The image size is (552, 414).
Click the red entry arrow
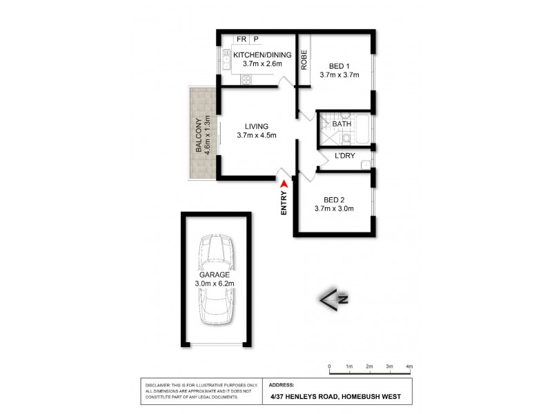coord(283,183)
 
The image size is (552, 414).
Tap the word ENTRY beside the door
coord(284,204)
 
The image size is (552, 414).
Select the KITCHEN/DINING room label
coord(262,55)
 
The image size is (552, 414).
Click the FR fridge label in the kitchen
coord(241,40)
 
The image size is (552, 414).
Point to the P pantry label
coord(255,40)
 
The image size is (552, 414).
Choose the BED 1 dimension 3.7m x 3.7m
coord(339,76)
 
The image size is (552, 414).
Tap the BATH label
coord(342,124)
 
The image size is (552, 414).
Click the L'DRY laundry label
coord(344,156)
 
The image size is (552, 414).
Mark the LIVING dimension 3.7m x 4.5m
coord(256,135)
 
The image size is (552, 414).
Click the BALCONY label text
coord(198,135)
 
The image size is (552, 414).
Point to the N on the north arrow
coord(342,299)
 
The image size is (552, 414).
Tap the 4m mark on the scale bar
coord(409,366)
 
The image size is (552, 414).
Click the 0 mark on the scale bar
coord(330,366)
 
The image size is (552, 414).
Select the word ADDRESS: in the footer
coord(282,385)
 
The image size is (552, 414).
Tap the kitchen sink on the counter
coord(226,60)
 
